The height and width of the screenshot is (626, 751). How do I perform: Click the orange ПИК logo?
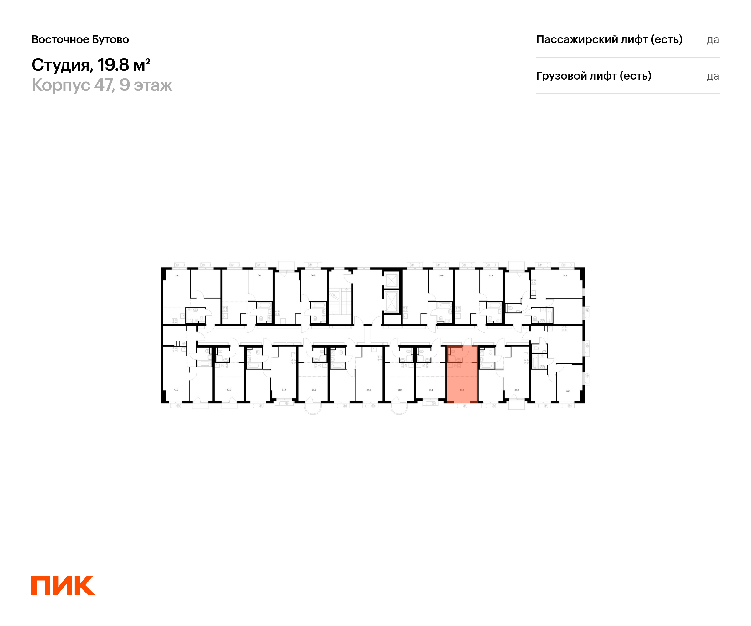pos(63,585)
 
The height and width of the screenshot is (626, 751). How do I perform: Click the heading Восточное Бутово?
pos(80,39)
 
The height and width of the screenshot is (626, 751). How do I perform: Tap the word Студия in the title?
pos(60,65)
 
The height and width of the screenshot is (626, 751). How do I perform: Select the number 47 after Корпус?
pos(104,85)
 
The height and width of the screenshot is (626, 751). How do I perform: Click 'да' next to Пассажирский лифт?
pos(713,40)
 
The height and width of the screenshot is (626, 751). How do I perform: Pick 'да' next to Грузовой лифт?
pos(713,76)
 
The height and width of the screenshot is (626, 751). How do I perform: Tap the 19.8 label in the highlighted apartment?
pos(462,390)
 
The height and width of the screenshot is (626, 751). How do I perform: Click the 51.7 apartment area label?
pos(565,275)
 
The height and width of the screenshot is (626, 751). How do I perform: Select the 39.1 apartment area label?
pos(177,275)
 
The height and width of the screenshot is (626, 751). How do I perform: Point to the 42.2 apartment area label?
pos(176,390)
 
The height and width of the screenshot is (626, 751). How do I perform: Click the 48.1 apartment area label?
pos(568,391)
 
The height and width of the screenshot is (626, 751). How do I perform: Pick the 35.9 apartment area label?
pos(369,390)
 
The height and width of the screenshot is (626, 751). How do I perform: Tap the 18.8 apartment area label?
pos(431,390)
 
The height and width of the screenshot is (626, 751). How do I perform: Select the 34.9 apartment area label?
pos(313,275)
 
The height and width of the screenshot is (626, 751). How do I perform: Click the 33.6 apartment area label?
pos(517,390)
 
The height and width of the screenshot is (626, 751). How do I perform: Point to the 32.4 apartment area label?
pos(491,275)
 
